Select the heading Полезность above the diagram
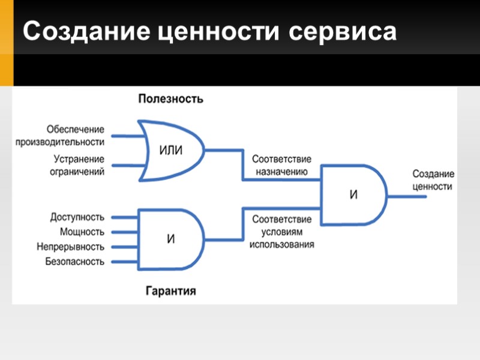(170, 99)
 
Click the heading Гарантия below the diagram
(171, 292)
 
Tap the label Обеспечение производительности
(69, 136)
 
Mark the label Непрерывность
(70, 247)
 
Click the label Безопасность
(74, 262)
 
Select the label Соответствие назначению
(281, 166)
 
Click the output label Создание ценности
(433, 180)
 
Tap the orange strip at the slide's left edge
(6, 43)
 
